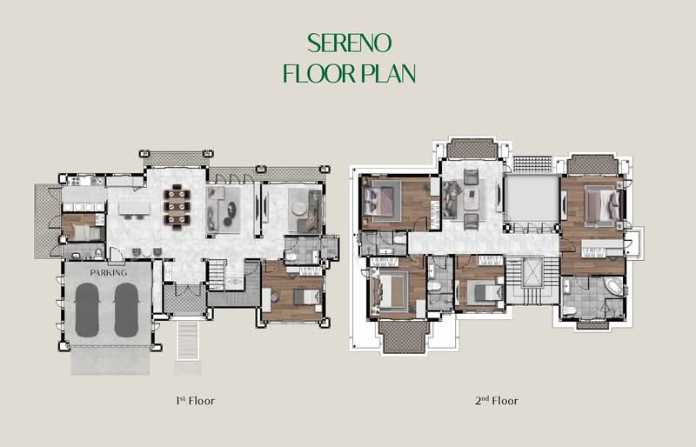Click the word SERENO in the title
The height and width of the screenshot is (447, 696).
pyautogui.click(x=350, y=43)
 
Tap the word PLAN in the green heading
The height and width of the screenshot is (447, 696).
pyautogui.click(x=388, y=73)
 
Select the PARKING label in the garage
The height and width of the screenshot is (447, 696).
pyautogui.click(x=108, y=272)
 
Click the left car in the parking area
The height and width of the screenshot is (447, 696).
pyautogui.click(x=87, y=310)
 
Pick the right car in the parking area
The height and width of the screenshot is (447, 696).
pyautogui.click(x=126, y=310)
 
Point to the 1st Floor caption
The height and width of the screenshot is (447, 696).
pyautogui.click(x=195, y=401)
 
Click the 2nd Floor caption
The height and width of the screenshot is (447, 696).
pyautogui.click(x=497, y=401)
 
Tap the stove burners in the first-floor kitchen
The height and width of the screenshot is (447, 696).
pyautogui.click(x=75, y=181)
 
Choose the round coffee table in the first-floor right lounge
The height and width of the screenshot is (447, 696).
pyautogui.click(x=298, y=209)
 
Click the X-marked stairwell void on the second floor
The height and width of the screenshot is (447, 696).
pyautogui.click(x=532, y=271)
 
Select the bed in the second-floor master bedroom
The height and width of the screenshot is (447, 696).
pyautogui.click(x=602, y=206)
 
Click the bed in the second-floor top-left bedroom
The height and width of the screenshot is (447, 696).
pyautogui.click(x=378, y=201)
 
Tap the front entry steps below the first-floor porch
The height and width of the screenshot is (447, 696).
pyautogui.click(x=188, y=340)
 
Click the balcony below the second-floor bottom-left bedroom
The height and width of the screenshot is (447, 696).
pyautogui.click(x=404, y=337)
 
